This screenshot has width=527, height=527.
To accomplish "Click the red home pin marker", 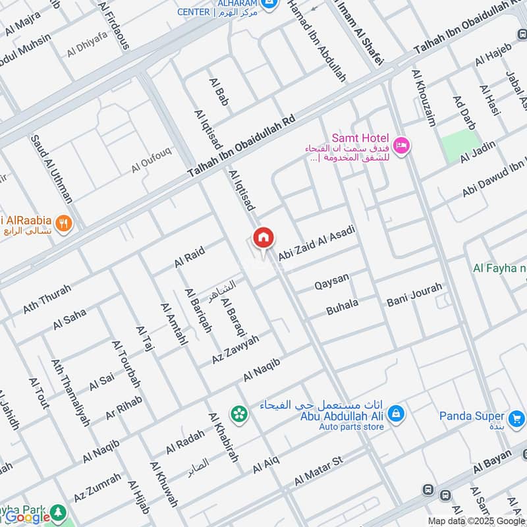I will tap(263, 238).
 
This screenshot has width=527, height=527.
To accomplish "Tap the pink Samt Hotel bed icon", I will tap(401, 144).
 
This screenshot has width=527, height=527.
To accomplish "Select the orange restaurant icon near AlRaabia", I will tap(64, 223).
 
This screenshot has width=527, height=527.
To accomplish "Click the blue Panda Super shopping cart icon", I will tap(516, 418).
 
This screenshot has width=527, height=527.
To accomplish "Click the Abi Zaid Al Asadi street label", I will tap(316, 242).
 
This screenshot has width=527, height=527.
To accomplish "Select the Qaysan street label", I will tap(331, 282).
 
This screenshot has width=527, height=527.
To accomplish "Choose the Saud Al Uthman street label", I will tap(52, 169).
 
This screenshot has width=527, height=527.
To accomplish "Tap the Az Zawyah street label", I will tap(235, 350).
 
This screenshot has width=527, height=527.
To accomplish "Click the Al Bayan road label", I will tap(496, 462).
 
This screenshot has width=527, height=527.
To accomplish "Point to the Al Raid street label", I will tap(190, 257).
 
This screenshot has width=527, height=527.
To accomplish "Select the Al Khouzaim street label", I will tap(424, 97).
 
